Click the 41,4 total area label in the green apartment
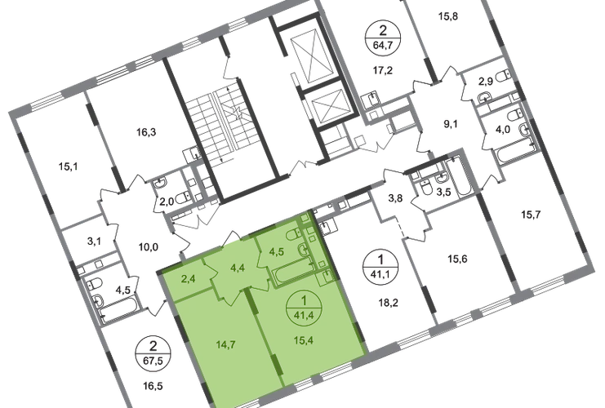[304, 315]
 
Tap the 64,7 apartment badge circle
[383, 38]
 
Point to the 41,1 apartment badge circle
[380, 266]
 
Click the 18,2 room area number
[388, 303]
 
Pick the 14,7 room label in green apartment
[225, 344]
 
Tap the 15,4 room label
[303, 340]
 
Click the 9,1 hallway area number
[450, 124]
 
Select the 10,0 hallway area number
[148, 246]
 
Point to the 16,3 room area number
[146, 133]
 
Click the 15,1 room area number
[69, 167]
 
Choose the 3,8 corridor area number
[395, 198]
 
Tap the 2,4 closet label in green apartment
[188, 278]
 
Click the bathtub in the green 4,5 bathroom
[294, 270]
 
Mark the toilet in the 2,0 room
[183, 197]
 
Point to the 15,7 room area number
[531, 215]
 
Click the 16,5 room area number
[153, 386]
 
